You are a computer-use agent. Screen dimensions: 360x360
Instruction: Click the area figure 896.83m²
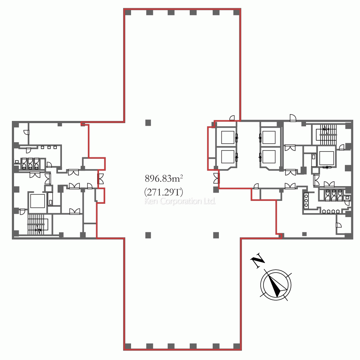[x=164, y=178]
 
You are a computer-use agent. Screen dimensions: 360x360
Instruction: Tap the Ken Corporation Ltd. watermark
[x=180, y=201]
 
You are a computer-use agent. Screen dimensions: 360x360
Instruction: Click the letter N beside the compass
[x=257, y=262]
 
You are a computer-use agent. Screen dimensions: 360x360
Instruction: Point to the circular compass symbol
[x=276, y=284]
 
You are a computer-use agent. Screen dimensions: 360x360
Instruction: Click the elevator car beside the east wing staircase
[x=327, y=158]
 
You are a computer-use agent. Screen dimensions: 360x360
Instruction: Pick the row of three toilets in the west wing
[x=30, y=164]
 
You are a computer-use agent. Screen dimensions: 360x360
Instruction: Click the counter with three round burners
[x=306, y=201]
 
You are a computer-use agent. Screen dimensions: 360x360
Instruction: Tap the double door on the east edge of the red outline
[x=216, y=178]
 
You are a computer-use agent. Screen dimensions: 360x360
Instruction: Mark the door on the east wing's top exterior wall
[x=293, y=118]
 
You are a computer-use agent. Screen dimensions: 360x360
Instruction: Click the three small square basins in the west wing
[x=49, y=147]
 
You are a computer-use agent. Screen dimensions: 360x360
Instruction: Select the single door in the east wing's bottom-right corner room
[x=338, y=226]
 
